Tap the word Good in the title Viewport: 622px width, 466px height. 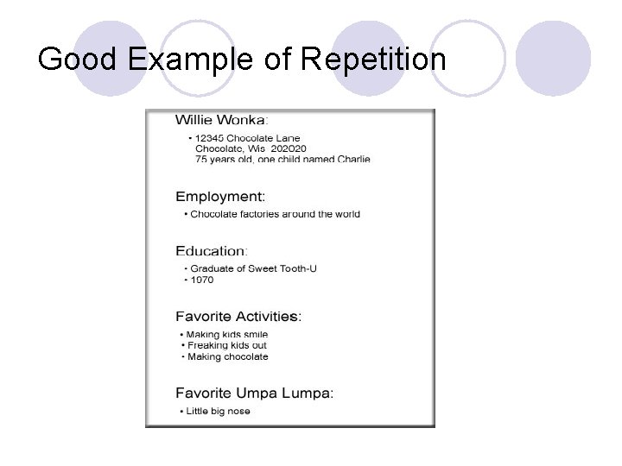(79, 60)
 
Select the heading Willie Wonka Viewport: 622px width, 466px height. (221, 119)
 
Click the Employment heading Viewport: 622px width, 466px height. (220, 197)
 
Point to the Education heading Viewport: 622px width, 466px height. (211, 251)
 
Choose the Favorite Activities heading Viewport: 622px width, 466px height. (238, 317)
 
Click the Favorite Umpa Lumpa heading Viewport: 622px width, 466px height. (254, 393)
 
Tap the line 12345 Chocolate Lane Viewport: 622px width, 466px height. (247, 138)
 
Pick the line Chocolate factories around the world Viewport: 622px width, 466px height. (275, 214)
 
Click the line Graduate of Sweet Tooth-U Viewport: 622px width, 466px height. (253, 268)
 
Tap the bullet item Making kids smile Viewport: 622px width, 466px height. (227, 334)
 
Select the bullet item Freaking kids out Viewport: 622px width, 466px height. (227, 345)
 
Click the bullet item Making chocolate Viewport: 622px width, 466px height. (227, 356)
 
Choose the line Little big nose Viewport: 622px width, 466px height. (218, 411)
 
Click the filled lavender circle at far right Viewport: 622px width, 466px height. (553, 58)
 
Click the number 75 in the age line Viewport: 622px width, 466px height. (201, 159)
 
